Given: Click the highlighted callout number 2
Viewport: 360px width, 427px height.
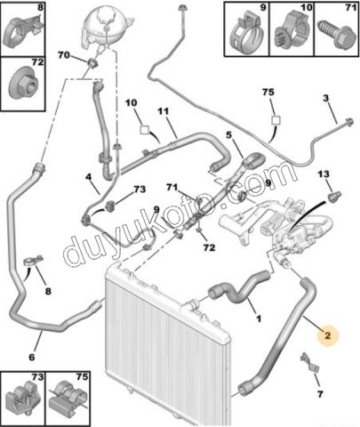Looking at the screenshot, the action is (327, 335).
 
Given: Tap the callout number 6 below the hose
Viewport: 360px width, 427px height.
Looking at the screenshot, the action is (32, 357).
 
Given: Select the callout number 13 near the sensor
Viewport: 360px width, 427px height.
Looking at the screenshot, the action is (324, 173).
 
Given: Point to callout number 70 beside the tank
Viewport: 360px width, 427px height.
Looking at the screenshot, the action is (64, 55).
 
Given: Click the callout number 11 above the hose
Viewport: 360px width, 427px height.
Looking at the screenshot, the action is (164, 111).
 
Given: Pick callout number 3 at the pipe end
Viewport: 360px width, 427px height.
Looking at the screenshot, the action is (326, 98).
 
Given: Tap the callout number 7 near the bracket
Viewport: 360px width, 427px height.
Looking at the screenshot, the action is (320, 394).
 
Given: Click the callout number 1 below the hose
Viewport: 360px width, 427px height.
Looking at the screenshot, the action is (259, 318).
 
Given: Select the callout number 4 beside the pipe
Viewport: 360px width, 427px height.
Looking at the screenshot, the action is (89, 177).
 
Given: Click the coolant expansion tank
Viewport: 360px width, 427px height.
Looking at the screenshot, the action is (106, 28).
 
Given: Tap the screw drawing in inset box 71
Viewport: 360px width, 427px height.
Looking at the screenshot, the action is (337, 34).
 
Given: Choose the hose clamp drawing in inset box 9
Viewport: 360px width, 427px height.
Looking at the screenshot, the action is (247, 33).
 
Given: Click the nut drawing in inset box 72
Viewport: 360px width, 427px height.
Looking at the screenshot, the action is (23, 83).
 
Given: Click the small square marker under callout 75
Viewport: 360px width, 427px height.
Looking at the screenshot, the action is (276, 120).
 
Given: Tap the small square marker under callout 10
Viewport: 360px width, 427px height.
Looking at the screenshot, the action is (145, 130).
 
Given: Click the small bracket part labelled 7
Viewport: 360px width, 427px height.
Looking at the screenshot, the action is (309, 362).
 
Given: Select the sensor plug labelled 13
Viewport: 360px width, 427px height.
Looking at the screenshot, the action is (335, 197).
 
